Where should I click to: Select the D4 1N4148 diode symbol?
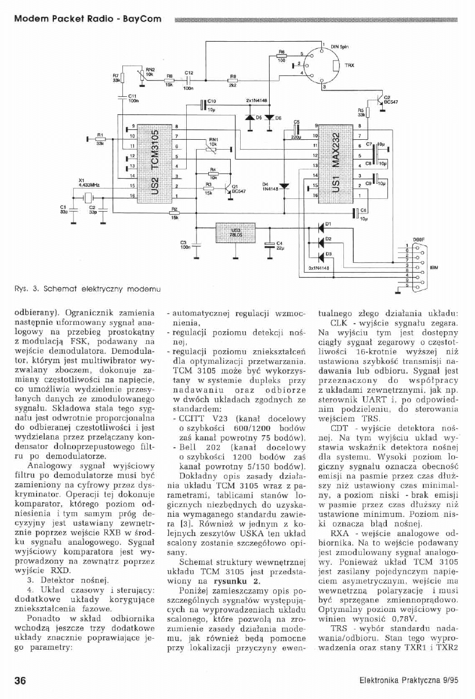coord(284,187)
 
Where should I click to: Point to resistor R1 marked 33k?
coord(100,139)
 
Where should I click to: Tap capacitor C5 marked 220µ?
coord(296,131)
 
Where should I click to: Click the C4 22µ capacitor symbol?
coord(269,244)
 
